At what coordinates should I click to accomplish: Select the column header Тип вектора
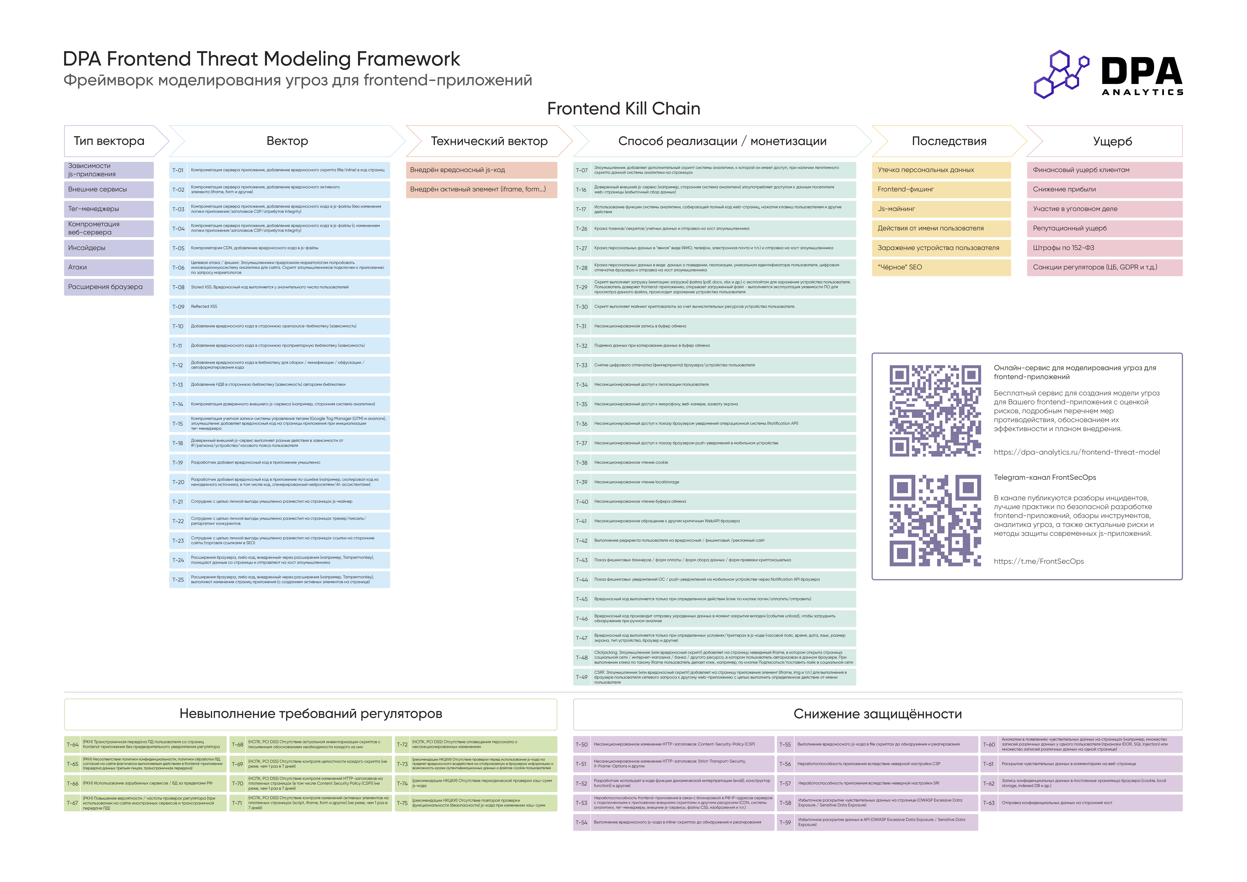(109, 141)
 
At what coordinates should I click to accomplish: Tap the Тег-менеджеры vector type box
(109, 209)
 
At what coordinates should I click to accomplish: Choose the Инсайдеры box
(109, 248)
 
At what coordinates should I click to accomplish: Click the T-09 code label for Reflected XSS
(178, 306)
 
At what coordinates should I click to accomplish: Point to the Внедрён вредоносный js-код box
(481, 170)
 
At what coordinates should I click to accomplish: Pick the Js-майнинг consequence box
(941, 209)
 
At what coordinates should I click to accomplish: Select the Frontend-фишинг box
(941, 189)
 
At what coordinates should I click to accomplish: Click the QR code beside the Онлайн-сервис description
(935, 410)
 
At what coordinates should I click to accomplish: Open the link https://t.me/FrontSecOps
(1038, 561)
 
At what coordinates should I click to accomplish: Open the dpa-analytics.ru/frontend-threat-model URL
(1076, 452)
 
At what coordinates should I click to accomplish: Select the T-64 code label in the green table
(72, 745)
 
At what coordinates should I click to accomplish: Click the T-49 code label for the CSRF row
(582, 677)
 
